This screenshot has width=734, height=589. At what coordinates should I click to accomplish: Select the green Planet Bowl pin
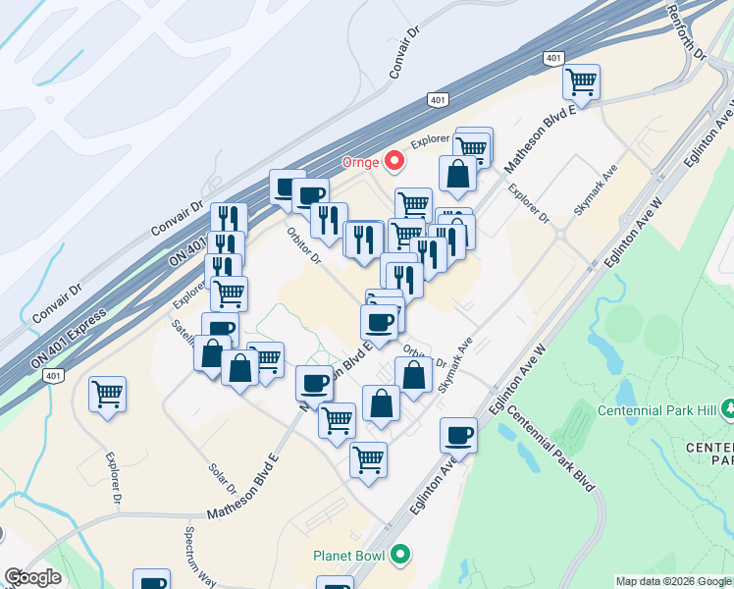pyautogui.click(x=398, y=556)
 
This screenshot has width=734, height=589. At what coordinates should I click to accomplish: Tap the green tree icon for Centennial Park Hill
pyautogui.click(x=727, y=406)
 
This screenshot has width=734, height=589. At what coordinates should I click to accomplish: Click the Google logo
pyautogui.click(x=31, y=577)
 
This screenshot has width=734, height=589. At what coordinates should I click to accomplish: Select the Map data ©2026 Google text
pyautogui.click(x=673, y=581)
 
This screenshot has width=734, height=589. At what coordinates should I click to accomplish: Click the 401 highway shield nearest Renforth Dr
pyautogui.click(x=552, y=59)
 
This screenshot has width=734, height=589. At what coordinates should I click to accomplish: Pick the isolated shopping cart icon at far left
pyautogui.click(x=107, y=395)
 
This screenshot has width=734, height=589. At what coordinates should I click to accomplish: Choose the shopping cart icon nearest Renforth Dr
pyautogui.click(x=582, y=81)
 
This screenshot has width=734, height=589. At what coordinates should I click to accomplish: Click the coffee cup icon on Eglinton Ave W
pyautogui.click(x=458, y=434)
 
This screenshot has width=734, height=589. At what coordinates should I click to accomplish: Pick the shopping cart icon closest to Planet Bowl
pyautogui.click(x=368, y=458)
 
